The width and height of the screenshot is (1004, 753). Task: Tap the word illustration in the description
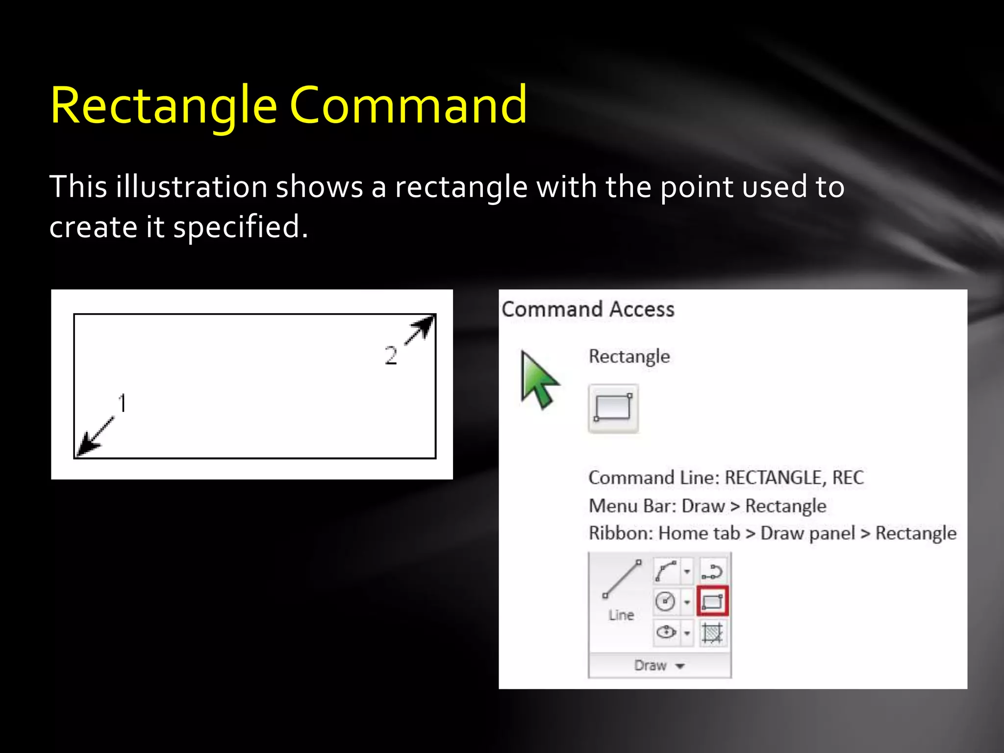pos(191,187)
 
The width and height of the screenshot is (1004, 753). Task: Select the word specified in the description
pos(240,227)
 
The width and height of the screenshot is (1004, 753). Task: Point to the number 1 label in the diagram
pos(123,403)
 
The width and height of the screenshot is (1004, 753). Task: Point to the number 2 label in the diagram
pos(390,355)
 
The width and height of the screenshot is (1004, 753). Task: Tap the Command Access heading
pos(588,309)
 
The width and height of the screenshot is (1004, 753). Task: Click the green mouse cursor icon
pos(538,380)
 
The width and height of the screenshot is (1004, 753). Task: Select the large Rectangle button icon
pos(613,408)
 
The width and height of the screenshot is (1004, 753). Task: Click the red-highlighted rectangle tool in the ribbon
pos(712,601)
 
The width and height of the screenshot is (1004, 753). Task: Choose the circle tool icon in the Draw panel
pos(665,601)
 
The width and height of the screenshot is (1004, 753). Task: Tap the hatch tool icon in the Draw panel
pos(712,632)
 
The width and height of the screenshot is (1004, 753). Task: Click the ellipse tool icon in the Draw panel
pos(666,632)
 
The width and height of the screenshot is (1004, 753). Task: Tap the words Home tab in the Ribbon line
pos(699,533)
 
